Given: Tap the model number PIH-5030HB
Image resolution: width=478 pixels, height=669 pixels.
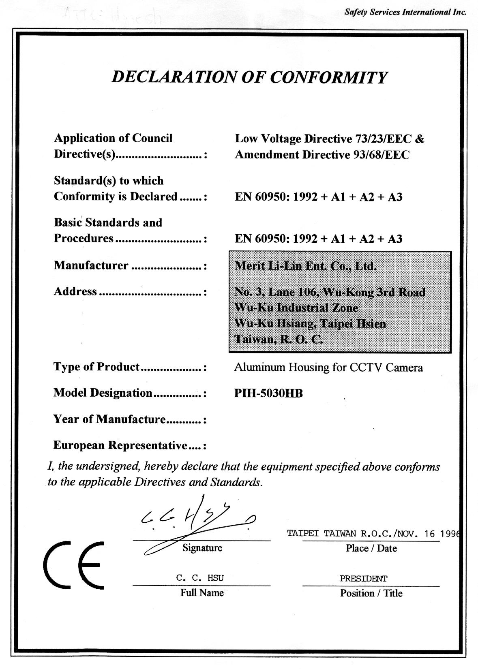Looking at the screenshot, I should tap(268, 393).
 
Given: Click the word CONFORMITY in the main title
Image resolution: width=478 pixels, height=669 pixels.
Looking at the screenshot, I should tap(328, 77).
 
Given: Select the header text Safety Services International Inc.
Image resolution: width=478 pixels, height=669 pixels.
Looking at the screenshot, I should tap(405, 12).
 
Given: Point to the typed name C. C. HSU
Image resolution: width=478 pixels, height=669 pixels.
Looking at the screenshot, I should tap(200, 578).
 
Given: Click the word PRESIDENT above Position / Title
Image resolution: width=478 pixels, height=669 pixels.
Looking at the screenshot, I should tap(363, 579).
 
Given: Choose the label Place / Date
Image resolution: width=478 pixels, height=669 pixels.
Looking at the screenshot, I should tap(371, 548).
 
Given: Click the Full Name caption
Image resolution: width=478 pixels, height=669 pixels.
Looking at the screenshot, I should tap(202, 593).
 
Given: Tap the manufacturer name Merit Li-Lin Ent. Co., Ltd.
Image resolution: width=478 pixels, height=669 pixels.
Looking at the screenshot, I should tap(306, 266).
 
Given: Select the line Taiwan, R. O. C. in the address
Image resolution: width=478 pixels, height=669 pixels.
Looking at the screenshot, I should tap(279, 339).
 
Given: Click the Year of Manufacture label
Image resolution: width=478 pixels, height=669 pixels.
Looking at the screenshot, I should tap(109, 419).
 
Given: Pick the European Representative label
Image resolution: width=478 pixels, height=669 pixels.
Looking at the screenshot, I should tap(120, 445).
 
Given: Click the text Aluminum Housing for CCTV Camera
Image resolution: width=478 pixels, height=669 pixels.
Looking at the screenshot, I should tap(328, 368).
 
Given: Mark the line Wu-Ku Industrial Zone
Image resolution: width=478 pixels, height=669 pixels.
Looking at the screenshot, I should tap(296, 308).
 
